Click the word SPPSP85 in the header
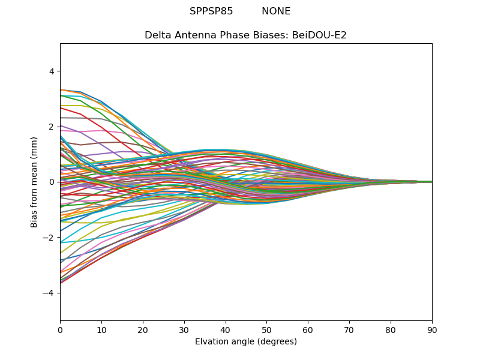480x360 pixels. (x=211, y=11)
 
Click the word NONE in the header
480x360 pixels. (x=276, y=11)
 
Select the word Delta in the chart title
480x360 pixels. (x=158, y=35)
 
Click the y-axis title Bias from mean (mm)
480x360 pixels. (x=35, y=182)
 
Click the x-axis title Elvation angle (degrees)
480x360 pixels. (x=246, y=342)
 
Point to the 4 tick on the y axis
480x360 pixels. (x=51, y=71)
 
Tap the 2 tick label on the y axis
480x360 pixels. (x=51, y=127)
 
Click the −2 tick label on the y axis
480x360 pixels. (x=49, y=238)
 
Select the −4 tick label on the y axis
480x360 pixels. (x=49, y=293)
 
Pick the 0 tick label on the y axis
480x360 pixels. (x=51, y=182)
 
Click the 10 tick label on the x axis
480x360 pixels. (x=101, y=329)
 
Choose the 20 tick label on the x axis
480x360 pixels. (x=143, y=329)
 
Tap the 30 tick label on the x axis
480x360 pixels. (x=184, y=329)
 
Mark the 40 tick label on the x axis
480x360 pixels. (x=226, y=329)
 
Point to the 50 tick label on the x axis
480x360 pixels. (x=266, y=329)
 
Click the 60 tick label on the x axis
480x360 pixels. (x=308, y=329)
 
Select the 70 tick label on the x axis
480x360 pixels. (x=349, y=329)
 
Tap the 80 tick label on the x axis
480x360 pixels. (x=391, y=329)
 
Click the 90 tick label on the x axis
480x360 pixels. (x=432, y=329)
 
